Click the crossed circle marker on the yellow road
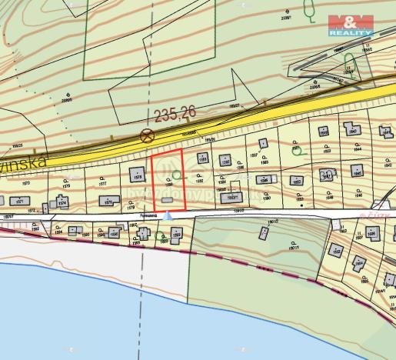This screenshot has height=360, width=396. click(x=146, y=135)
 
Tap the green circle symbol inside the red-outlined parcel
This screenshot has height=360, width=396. click(x=178, y=176)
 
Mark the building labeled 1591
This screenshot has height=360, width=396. click(x=203, y=158)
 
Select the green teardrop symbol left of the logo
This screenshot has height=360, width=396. click(x=310, y=11)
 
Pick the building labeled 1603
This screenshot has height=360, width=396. click(x=374, y=233)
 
